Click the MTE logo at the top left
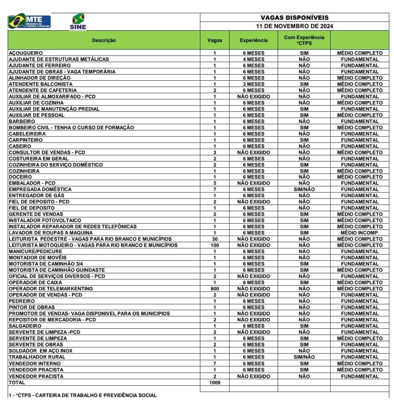29,22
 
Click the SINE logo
78,22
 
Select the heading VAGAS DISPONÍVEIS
294,18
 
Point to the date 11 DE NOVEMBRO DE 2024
294,26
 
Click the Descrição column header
104,40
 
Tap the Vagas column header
215,40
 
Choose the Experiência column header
254,40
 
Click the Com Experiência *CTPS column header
304,40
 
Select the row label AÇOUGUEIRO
26,53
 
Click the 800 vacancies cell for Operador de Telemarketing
215,289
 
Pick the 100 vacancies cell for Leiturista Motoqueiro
215,245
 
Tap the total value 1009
215,382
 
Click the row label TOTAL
17,382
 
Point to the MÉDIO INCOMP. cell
360,233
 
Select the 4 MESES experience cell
254,59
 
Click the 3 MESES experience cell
254,84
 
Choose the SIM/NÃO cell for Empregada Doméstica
304,189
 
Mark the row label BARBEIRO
22,121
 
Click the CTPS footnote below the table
83,395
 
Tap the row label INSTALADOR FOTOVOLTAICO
45,220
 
